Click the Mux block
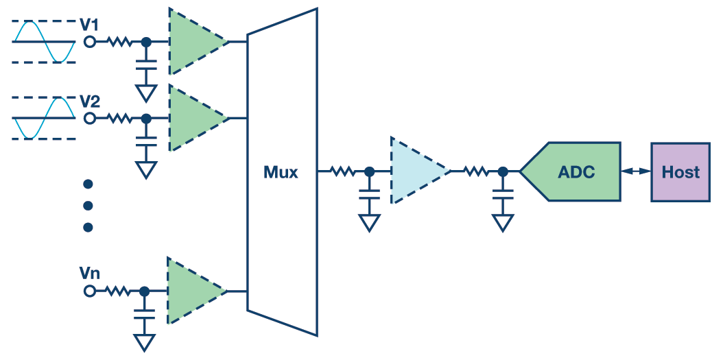(x=282, y=172)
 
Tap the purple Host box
(x=680, y=171)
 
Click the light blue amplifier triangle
(x=416, y=171)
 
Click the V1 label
(x=89, y=25)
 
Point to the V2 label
(x=90, y=102)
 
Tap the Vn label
(x=89, y=274)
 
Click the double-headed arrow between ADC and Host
(x=636, y=171)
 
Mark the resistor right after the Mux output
(x=343, y=171)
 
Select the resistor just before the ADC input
(x=477, y=171)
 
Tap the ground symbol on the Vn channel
(x=144, y=341)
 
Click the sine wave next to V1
(x=43, y=42)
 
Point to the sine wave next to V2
(x=43, y=118)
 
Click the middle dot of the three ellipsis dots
(x=88, y=206)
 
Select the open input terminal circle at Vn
(x=89, y=291)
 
